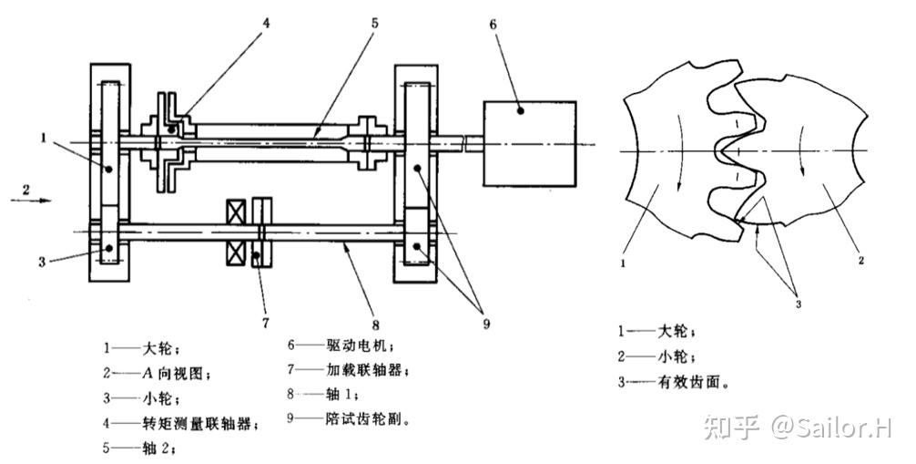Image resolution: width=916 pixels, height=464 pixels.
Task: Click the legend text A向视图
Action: [177, 372]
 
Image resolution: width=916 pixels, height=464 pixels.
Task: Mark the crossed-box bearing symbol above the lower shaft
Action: [237, 212]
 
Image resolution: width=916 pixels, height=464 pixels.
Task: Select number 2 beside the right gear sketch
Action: [860, 260]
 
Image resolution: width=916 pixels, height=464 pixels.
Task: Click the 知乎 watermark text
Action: [724, 425]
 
